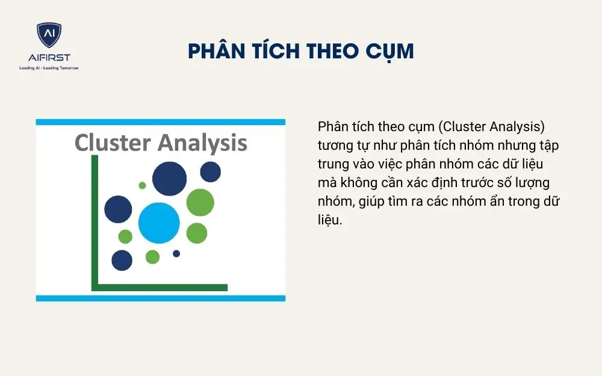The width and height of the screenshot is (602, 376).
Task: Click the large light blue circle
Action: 159,223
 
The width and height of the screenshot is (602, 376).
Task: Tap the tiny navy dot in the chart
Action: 176,253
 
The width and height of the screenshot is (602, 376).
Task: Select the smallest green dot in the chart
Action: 143,185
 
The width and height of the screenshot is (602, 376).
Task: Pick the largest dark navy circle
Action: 169,177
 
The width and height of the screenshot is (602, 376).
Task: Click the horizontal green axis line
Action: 160,287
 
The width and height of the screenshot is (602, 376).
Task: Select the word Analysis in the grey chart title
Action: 202,144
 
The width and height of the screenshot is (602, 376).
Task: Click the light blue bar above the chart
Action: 160,122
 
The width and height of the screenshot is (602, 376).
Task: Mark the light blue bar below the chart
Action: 160,298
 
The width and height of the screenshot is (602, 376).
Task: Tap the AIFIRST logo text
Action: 49,58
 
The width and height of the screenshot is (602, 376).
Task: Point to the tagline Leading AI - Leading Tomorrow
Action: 49,67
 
